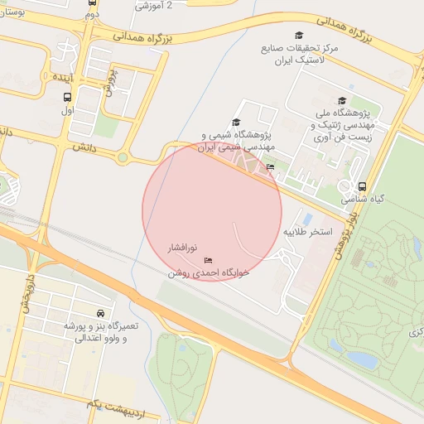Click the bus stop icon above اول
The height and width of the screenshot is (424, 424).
pyautogui.click(x=66, y=96)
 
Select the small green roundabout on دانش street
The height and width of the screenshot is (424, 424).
pyautogui.click(x=123, y=157)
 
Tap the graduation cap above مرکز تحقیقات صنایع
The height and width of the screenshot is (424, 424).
pyautogui.click(x=299, y=36)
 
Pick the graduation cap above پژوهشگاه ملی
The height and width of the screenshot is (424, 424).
pyautogui.click(x=342, y=101)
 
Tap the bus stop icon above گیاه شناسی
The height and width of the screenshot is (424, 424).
pyautogui.click(x=362, y=186)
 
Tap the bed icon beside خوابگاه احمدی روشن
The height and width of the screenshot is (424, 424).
pyautogui.click(x=207, y=261)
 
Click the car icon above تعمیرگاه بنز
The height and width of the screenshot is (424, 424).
pyautogui.click(x=100, y=314)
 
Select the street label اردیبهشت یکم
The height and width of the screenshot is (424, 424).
pyautogui.click(x=99, y=402)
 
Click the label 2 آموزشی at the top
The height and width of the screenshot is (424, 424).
pyautogui.click(x=154, y=5)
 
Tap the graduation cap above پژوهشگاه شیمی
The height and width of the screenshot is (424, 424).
pyautogui.click(x=236, y=122)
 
